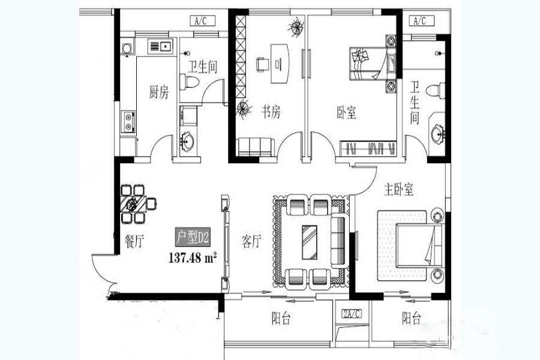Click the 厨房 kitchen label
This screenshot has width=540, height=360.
159,92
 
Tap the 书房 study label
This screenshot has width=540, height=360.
271,112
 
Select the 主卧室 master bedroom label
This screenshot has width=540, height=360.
398,190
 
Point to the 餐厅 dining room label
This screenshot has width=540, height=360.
134,241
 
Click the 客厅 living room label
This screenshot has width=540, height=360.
251,241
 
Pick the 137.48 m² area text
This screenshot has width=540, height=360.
193,257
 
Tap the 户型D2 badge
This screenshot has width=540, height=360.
193,237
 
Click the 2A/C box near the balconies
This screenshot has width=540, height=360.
351,314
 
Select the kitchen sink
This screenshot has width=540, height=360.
160,46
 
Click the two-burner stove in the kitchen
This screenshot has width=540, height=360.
128,122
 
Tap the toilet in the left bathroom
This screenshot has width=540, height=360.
190,82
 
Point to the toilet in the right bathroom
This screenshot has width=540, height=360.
436,91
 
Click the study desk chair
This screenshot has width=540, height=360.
262,64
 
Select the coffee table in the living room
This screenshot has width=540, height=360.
310,242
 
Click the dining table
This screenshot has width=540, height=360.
134,204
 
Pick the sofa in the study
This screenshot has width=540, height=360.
255,147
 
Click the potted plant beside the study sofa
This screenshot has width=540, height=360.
244,109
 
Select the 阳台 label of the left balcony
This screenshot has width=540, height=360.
281,319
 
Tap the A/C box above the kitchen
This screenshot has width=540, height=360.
203,20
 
